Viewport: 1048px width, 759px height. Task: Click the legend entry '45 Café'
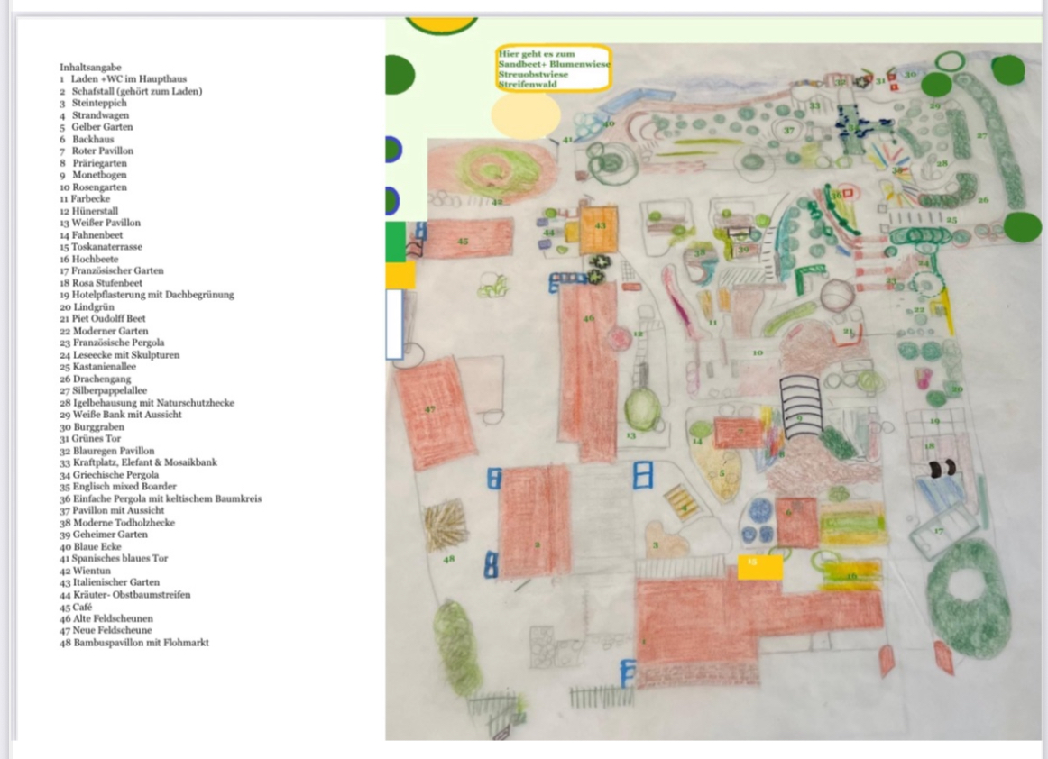(77, 607)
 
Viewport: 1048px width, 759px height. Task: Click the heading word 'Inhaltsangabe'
(90, 67)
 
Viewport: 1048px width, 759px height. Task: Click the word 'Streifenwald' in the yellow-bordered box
(528, 84)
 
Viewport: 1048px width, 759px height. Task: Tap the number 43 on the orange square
(599, 224)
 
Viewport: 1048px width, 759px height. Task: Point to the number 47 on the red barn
(430, 409)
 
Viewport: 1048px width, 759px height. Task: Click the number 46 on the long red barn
(589, 318)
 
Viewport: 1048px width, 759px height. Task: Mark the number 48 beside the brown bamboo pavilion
(449, 559)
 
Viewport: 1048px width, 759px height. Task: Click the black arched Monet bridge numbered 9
(800, 407)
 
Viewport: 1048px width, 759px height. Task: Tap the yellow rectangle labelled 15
(759, 566)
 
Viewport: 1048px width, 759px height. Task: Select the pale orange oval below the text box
(526, 115)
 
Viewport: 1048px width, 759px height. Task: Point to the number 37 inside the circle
(789, 131)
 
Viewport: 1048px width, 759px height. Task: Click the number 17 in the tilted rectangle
(938, 530)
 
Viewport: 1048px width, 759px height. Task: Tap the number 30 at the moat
(910, 75)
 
